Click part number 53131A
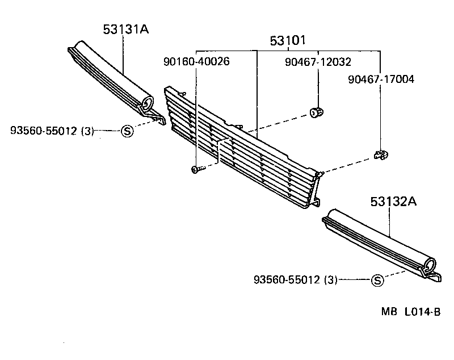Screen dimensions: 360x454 125,30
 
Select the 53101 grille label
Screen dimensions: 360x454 288,40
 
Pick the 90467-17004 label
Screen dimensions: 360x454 381,79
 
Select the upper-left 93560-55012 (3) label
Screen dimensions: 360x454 52,131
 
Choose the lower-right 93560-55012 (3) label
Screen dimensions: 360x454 296,279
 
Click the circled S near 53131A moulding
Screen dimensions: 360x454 127,131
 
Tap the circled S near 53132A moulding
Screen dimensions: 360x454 377,279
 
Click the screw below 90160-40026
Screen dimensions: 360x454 196,169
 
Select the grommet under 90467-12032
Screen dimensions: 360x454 318,110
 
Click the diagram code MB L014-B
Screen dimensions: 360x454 410,312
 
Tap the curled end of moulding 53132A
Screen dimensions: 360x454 432,265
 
